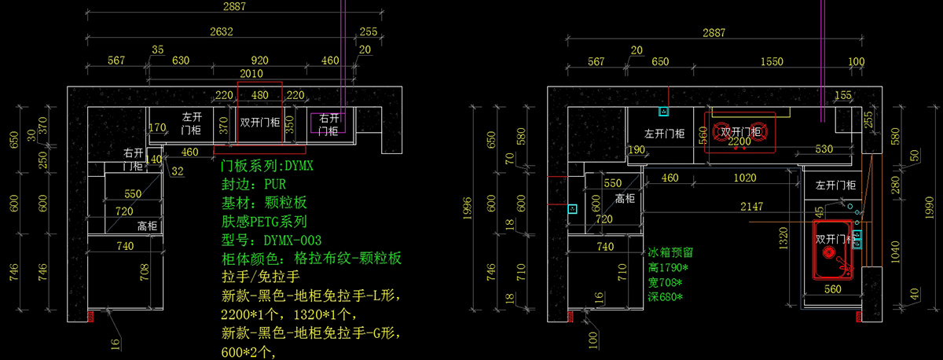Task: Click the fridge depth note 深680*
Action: pos(666,296)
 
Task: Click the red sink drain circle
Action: pos(827,253)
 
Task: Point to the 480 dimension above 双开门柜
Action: pos(259,95)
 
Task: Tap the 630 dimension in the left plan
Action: pos(181,61)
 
